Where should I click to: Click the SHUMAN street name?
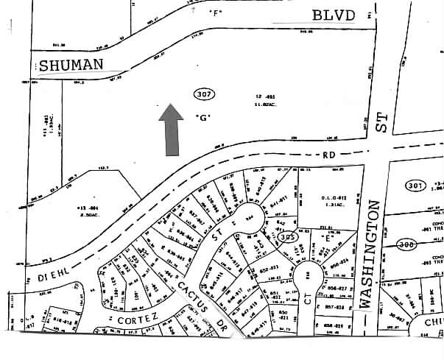(x=71, y=65)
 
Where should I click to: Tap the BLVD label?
(x=333, y=15)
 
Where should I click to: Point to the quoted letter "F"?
(x=215, y=13)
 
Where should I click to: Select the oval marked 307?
(x=205, y=93)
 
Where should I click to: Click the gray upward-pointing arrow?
(x=172, y=129)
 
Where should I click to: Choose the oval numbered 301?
(x=415, y=186)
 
